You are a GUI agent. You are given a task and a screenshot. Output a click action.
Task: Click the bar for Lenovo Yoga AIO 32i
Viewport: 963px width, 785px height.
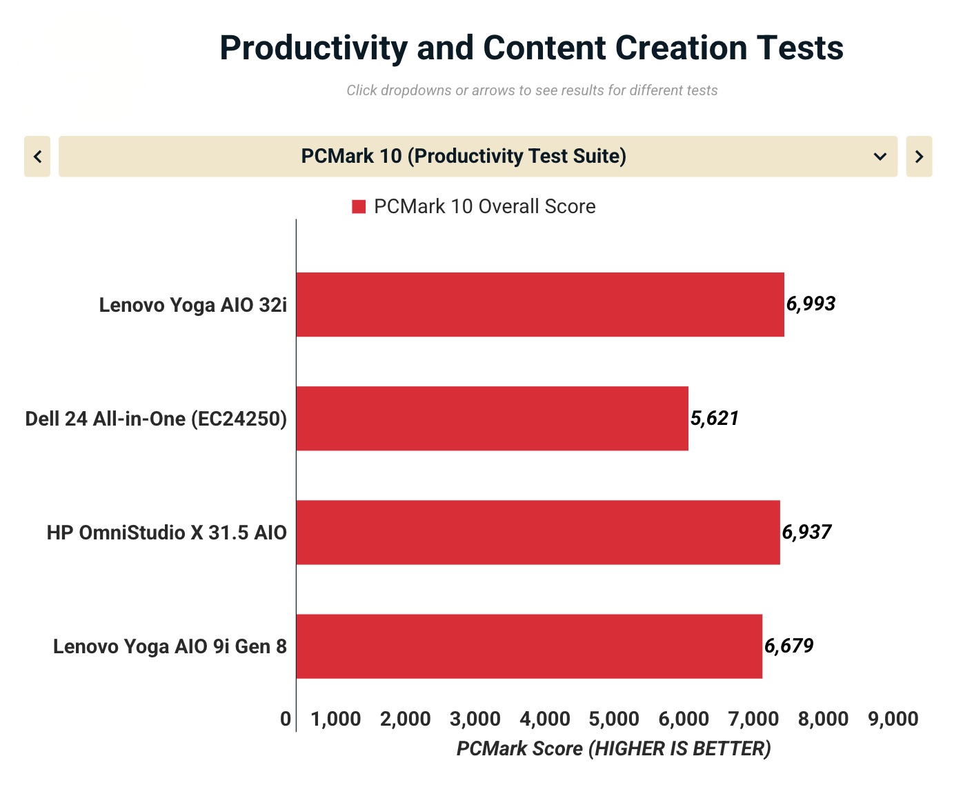click(540, 304)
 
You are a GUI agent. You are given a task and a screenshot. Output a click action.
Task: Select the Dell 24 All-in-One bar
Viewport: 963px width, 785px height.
click(492, 418)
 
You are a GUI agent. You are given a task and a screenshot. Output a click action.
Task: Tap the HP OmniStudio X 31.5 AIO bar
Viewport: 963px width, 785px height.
click(538, 532)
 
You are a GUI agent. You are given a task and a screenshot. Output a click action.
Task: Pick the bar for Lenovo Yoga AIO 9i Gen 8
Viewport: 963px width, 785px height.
click(529, 646)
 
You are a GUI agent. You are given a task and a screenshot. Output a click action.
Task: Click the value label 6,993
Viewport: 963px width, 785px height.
click(811, 304)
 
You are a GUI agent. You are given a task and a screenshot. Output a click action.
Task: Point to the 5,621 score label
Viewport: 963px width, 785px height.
click(715, 418)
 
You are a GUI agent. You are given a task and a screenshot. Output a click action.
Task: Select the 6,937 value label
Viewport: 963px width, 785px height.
click(806, 532)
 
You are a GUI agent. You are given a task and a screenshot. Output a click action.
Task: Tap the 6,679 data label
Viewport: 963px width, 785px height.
click(788, 646)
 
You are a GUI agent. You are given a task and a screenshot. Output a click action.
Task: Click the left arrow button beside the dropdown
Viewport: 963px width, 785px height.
click(37, 157)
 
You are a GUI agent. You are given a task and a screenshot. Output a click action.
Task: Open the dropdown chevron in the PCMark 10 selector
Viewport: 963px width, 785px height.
click(880, 157)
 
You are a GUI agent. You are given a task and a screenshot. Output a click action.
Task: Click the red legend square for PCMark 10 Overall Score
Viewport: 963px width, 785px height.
click(359, 207)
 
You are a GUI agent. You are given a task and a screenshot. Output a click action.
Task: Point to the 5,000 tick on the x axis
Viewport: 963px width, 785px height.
click(614, 719)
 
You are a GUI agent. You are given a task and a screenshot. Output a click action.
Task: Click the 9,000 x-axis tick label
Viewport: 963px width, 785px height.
click(893, 719)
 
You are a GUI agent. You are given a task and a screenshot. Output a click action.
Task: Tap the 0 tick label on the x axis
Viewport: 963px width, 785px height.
click(286, 719)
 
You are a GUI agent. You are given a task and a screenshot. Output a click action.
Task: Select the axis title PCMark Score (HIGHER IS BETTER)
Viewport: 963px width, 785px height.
click(613, 748)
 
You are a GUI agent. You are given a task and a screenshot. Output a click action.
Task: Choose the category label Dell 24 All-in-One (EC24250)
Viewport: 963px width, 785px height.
click(156, 419)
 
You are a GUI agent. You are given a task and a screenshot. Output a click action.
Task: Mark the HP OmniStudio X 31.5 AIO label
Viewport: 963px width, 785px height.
click(166, 533)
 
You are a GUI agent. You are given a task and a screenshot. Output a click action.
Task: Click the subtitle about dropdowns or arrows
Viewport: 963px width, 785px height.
click(532, 90)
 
